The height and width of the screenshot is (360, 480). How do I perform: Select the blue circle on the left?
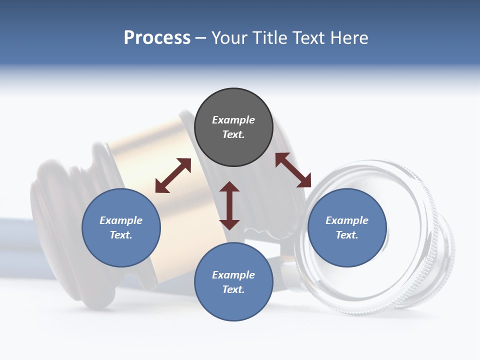(121, 227)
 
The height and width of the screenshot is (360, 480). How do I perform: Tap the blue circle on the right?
(347, 227)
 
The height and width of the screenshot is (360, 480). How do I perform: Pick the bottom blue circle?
(233, 282)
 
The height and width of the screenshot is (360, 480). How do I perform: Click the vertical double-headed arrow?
(229, 205)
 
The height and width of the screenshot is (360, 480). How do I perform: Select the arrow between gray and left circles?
(173, 175)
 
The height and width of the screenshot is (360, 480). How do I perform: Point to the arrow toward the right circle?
(293, 170)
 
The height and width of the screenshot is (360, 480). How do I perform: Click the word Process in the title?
(157, 38)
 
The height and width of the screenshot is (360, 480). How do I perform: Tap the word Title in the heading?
(269, 38)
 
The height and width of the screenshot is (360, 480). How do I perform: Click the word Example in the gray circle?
(233, 120)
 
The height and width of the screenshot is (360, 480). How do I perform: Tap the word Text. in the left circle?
(121, 235)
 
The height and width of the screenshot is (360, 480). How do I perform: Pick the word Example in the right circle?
(347, 220)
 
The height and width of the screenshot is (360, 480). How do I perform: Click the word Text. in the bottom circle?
(233, 289)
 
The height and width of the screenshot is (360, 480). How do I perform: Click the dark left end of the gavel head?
(47, 210)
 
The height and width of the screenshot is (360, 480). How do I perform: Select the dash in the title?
(201, 38)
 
